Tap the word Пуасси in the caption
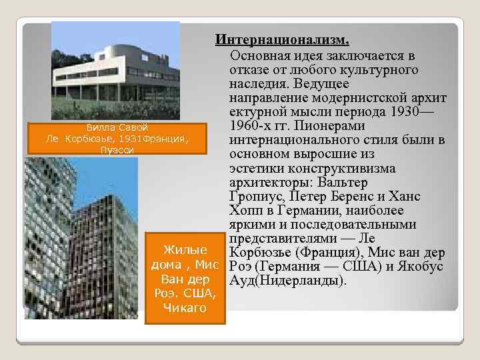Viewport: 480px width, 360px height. click(117, 150)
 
